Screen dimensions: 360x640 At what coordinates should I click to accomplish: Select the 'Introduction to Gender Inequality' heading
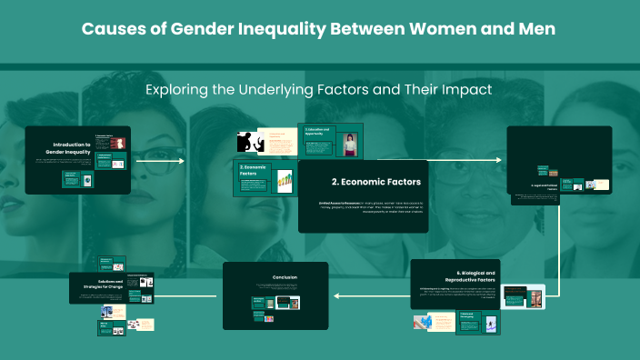(x=71, y=148)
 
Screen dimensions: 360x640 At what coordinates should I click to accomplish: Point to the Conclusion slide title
(x=285, y=277)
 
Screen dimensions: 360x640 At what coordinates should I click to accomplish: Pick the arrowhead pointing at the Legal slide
(x=499, y=161)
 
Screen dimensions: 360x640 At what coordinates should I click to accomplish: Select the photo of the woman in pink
(x=349, y=145)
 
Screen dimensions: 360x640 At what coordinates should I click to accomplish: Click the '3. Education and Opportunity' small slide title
(x=317, y=130)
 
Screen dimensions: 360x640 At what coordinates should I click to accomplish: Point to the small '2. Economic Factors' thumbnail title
(x=253, y=170)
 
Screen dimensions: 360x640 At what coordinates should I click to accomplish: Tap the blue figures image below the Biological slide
(x=428, y=321)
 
